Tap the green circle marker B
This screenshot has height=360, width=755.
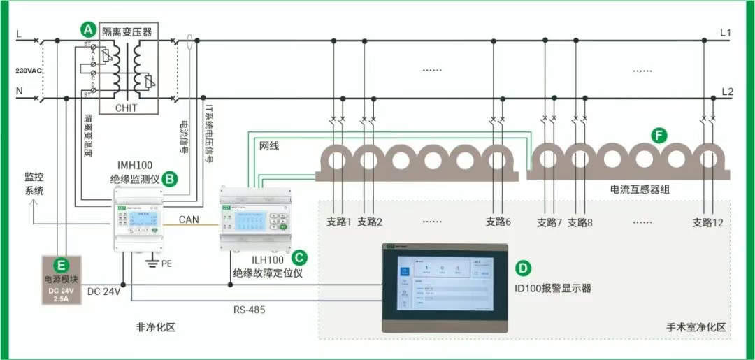[x=170, y=178]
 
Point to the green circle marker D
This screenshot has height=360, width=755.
[x=522, y=268]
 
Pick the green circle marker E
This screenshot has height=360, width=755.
[x=62, y=265]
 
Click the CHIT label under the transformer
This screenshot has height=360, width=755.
[x=126, y=108]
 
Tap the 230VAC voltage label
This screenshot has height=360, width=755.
[x=29, y=71]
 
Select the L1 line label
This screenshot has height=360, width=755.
[x=726, y=33]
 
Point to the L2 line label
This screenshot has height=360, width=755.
[x=726, y=92]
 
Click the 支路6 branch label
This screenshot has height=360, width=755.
[x=498, y=222]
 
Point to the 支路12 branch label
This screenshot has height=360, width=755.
[x=707, y=222]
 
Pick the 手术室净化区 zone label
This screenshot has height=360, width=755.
[x=696, y=327]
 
